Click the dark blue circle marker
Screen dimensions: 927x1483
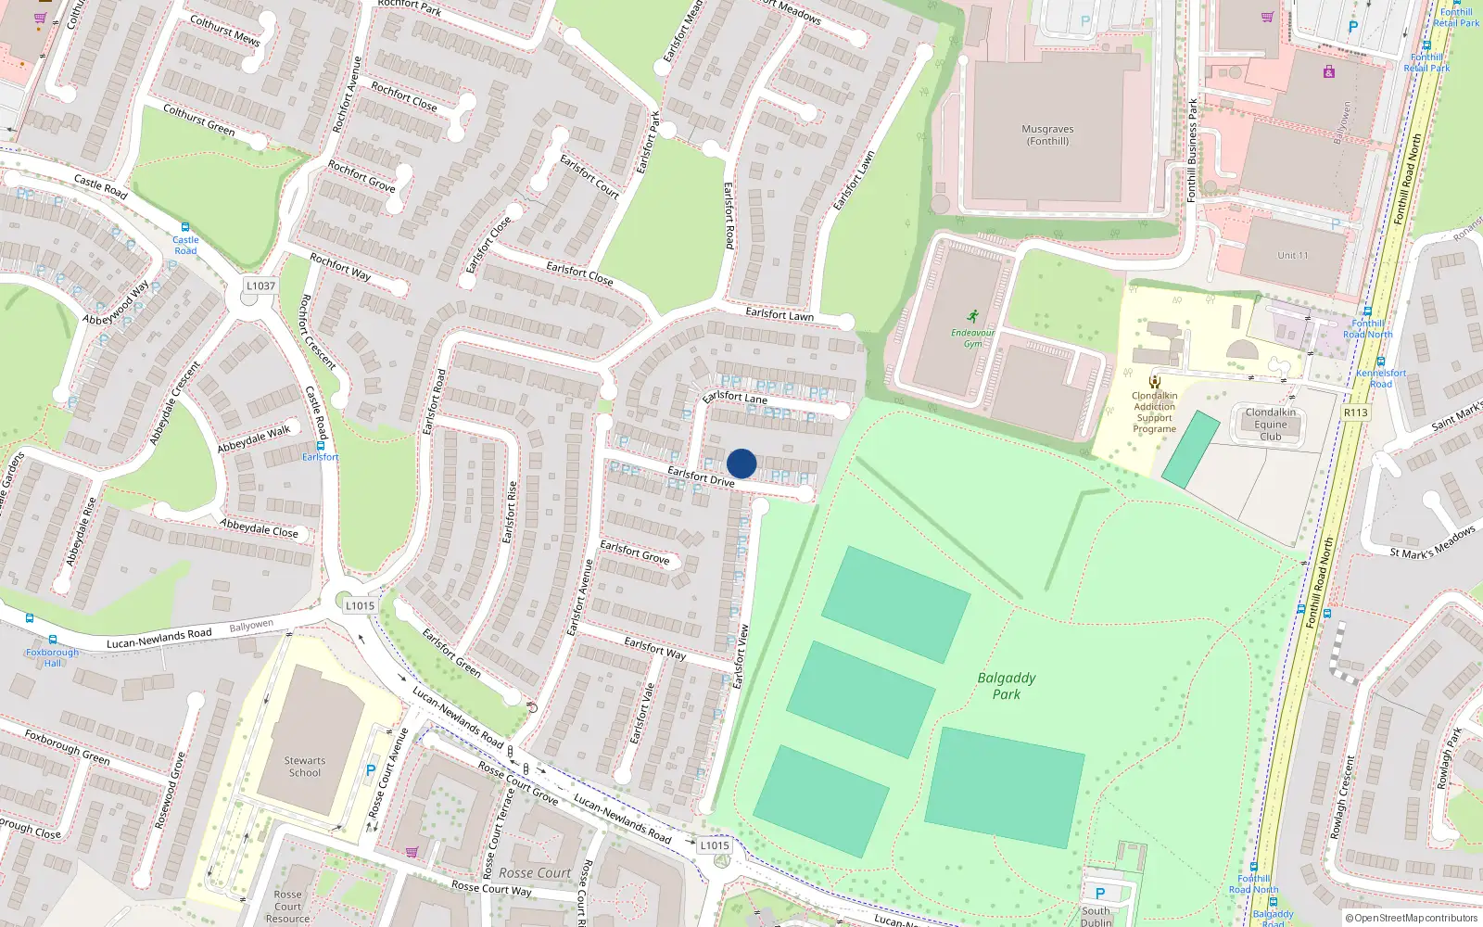point(741,463)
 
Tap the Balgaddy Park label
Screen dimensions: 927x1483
point(1007,686)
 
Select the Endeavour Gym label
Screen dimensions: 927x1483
point(972,337)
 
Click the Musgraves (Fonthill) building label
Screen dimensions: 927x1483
point(1047,135)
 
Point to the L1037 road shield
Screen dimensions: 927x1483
point(260,286)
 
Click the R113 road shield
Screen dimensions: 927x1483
point(1355,413)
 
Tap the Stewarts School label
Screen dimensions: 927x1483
point(305,767)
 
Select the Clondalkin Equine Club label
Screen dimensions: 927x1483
point(1271,425)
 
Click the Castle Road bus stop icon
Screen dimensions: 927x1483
point(185,227)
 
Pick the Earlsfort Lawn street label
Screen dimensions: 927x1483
point(780,314)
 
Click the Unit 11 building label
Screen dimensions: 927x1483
point(1292,256)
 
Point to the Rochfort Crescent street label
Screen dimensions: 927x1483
point(318,331)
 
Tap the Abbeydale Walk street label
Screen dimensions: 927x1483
point(254,439)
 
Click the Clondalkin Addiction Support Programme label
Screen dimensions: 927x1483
point(1155,412)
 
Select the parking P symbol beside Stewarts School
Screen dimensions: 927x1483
point(371,770)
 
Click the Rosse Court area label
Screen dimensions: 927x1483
point(535,873)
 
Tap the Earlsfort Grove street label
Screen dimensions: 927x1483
point(634,552)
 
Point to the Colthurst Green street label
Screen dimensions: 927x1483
point(198,121)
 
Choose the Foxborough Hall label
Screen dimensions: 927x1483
point(53,657)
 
